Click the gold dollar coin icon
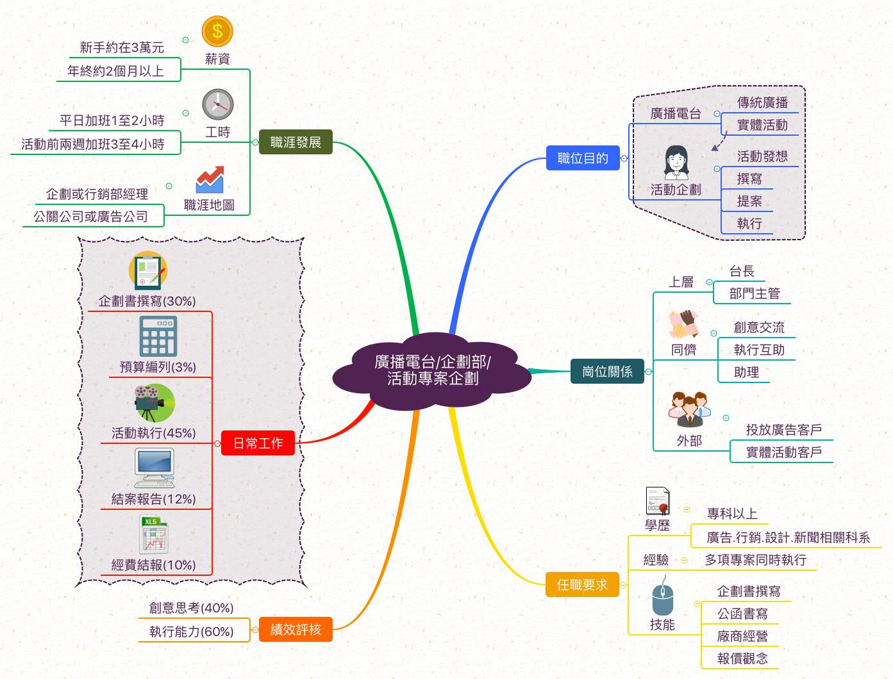click(x=217, y=31)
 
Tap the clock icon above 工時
click(x=218, y=104)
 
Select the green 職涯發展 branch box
click(x=296, y=142)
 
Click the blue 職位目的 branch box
click(x=583, y=158)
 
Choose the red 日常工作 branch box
click(x=258, y=443)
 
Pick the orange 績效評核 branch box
click(x=296, y=630)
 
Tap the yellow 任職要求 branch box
click(x=582, y=585)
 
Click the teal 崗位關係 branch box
click(x=607, y=372)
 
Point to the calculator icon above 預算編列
click(x=158, y=336)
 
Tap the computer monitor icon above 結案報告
click(x=154, y=468)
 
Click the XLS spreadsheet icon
click(x=154, y=534)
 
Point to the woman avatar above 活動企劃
click(x=676, y=163)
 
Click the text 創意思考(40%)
click(x=191, y=608)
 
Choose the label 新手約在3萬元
click(x=122, y=47)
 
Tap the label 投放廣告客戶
click(x=783, y=430)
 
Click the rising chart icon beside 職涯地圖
click(x=210, y=180)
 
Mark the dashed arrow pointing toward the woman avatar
click(x=719, y=142)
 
